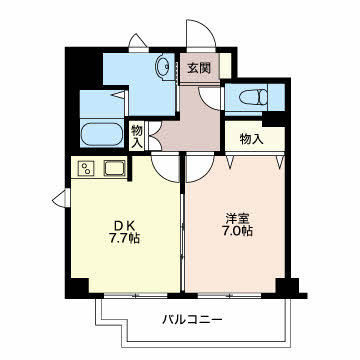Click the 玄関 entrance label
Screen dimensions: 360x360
pos(199,68)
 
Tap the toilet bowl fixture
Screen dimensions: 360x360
pos(253,97)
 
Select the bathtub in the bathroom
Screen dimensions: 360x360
pos(102,134)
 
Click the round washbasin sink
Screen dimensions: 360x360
pos(164,67)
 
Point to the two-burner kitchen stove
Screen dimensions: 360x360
pos(87,168)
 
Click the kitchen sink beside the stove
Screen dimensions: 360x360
pos(115,168)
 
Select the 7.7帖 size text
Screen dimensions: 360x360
pos(123,238)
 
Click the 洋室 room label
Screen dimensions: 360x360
pos(238,219)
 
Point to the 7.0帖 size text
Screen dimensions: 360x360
pos(237,231)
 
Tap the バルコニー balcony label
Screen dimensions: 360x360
pos(192,320)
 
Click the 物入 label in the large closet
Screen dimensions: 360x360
pos(252,139)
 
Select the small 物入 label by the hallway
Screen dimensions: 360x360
pos(137,136)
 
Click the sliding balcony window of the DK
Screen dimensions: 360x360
pos(135,295)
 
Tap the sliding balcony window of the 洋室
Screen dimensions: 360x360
pos(229,295)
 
